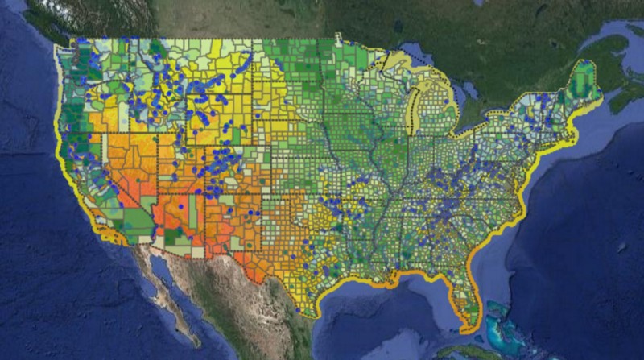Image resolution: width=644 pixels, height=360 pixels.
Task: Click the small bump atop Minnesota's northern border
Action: (337, 35)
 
